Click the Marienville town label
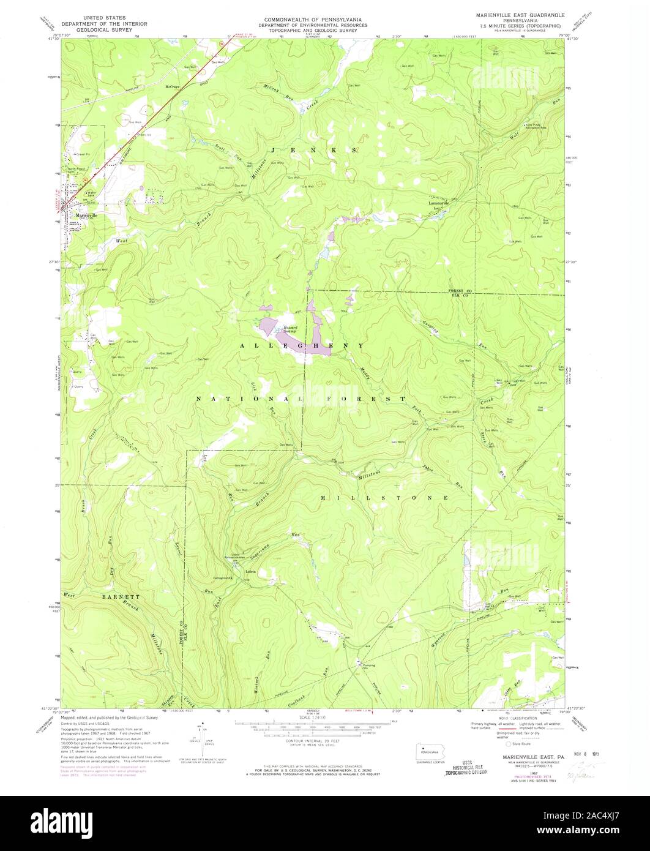(82, 215)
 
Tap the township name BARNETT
(121, 596)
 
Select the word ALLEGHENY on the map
(302, 346)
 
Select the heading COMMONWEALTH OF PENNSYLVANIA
(316, 20)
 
